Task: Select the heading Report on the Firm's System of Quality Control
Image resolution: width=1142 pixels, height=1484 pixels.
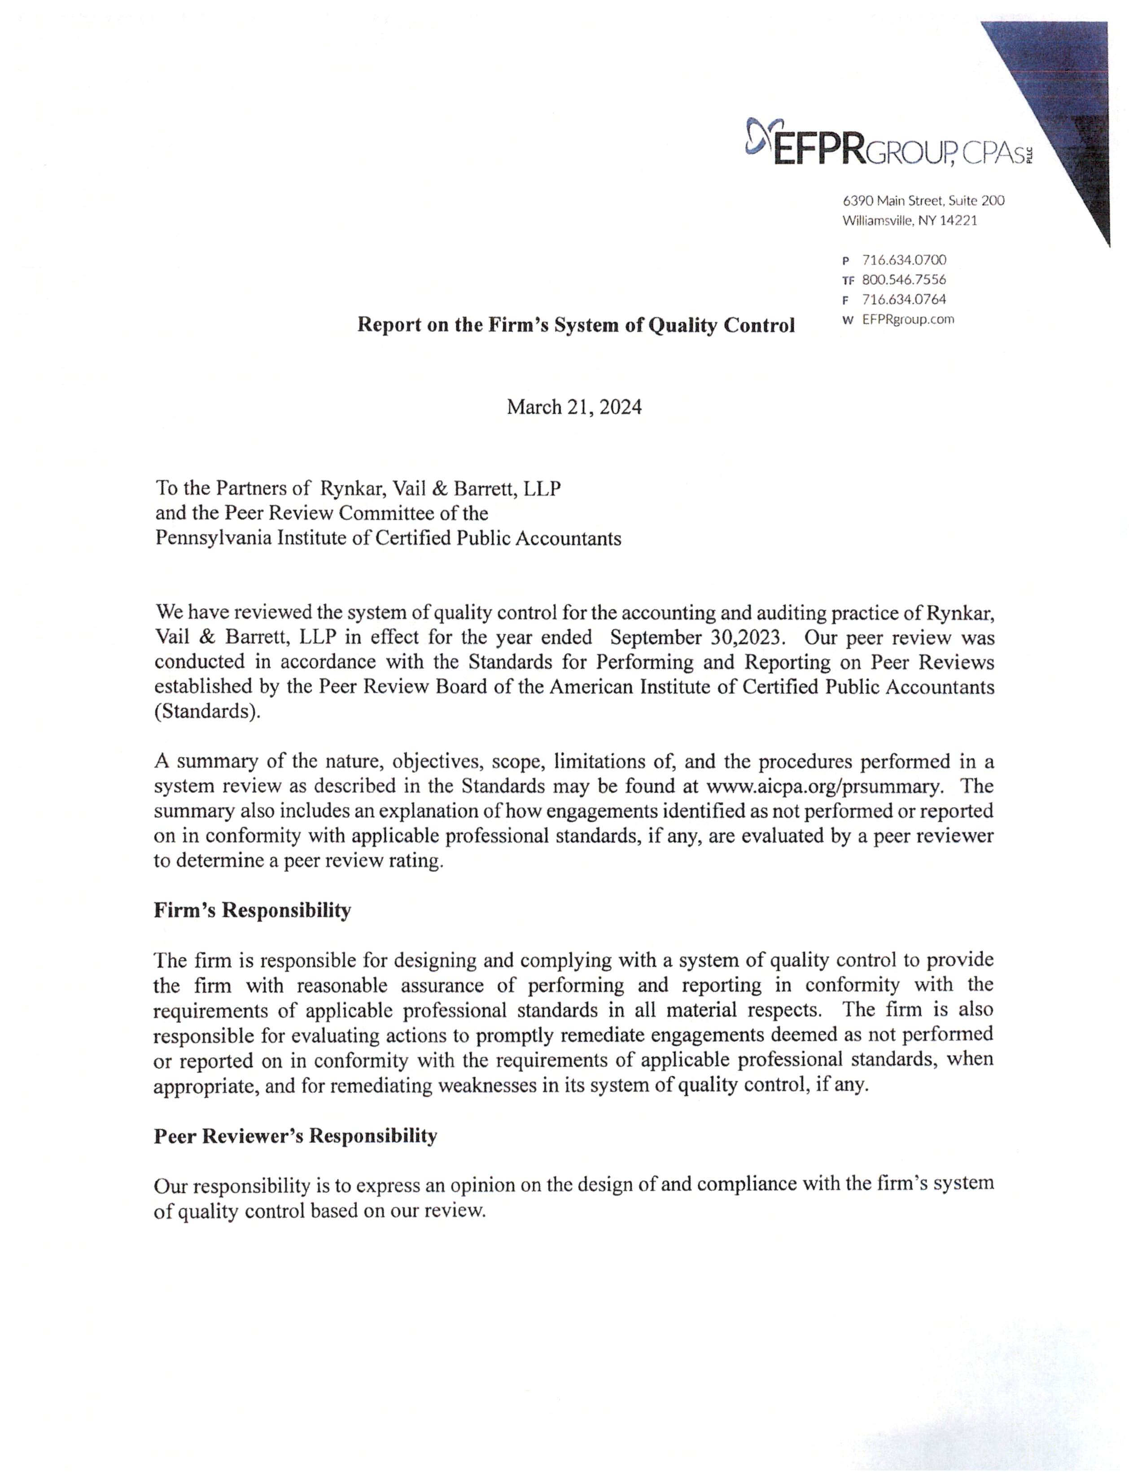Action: click(576, 326)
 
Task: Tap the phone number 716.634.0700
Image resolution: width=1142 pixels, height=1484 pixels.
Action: click(904, 260)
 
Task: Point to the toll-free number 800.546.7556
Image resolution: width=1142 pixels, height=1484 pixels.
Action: click(904, 279)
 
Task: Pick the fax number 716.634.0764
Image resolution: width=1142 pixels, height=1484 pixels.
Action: click(904, 299)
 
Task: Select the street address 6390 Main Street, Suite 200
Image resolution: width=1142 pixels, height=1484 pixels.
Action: click(923, 201)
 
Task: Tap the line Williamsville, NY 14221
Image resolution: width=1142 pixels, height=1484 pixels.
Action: click(910, 220)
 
